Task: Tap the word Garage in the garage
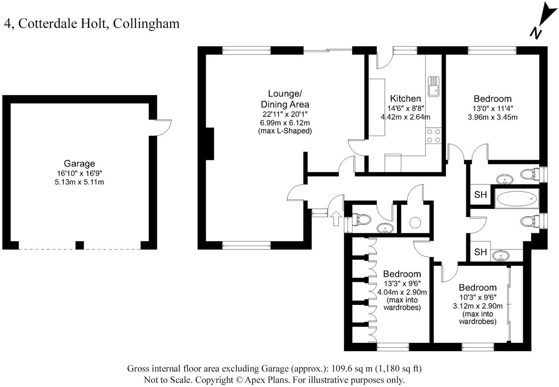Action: [x=79, y=164]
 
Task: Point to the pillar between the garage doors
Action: [x=80, y=245]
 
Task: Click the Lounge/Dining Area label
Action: [x=285, y=99]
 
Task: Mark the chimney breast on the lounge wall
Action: [x=210, y=144]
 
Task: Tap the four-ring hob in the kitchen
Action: [x=433, y=136]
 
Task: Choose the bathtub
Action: [x=516, y=198]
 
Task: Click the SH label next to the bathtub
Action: [x=480, y=194]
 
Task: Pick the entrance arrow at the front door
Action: [x=336, y=218]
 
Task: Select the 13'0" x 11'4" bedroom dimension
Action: [x=492, y=108]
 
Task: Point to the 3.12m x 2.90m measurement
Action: [x=477, y=306]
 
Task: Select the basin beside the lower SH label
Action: [x=501, y=256]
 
